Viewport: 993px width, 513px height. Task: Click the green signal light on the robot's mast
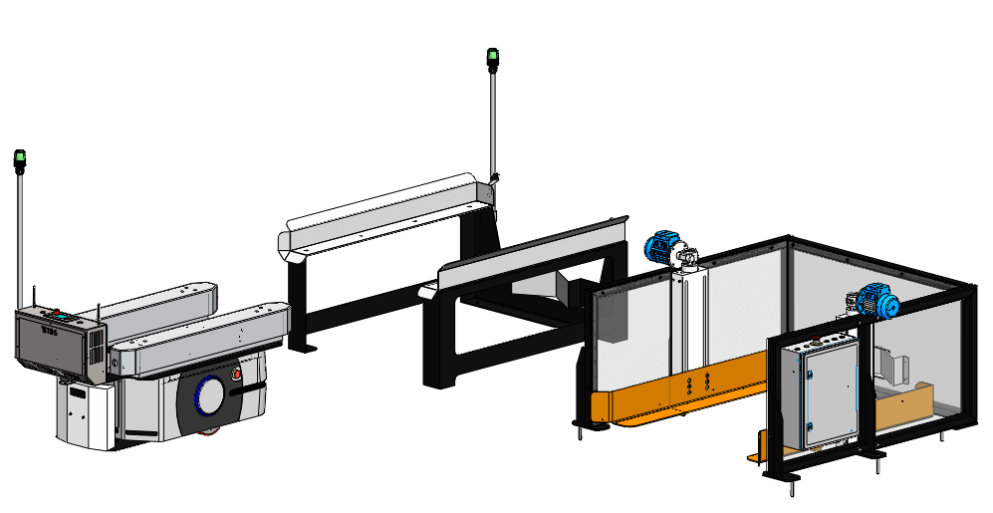click(19, 159)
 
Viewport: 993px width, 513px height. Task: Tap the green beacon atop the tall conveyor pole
click(492, 58)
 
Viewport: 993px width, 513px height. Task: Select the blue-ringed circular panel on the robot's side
click(209, 395)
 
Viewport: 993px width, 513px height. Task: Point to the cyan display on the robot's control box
click(66, 318)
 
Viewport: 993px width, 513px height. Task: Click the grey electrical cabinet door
click(817, 393)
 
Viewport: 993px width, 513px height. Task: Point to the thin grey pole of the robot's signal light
click(20, 239)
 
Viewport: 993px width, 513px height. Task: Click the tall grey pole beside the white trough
click(491, 120)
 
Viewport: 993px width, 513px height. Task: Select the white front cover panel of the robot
click(86, 413)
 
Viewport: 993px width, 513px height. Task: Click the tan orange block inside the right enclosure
click(906, 408)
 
